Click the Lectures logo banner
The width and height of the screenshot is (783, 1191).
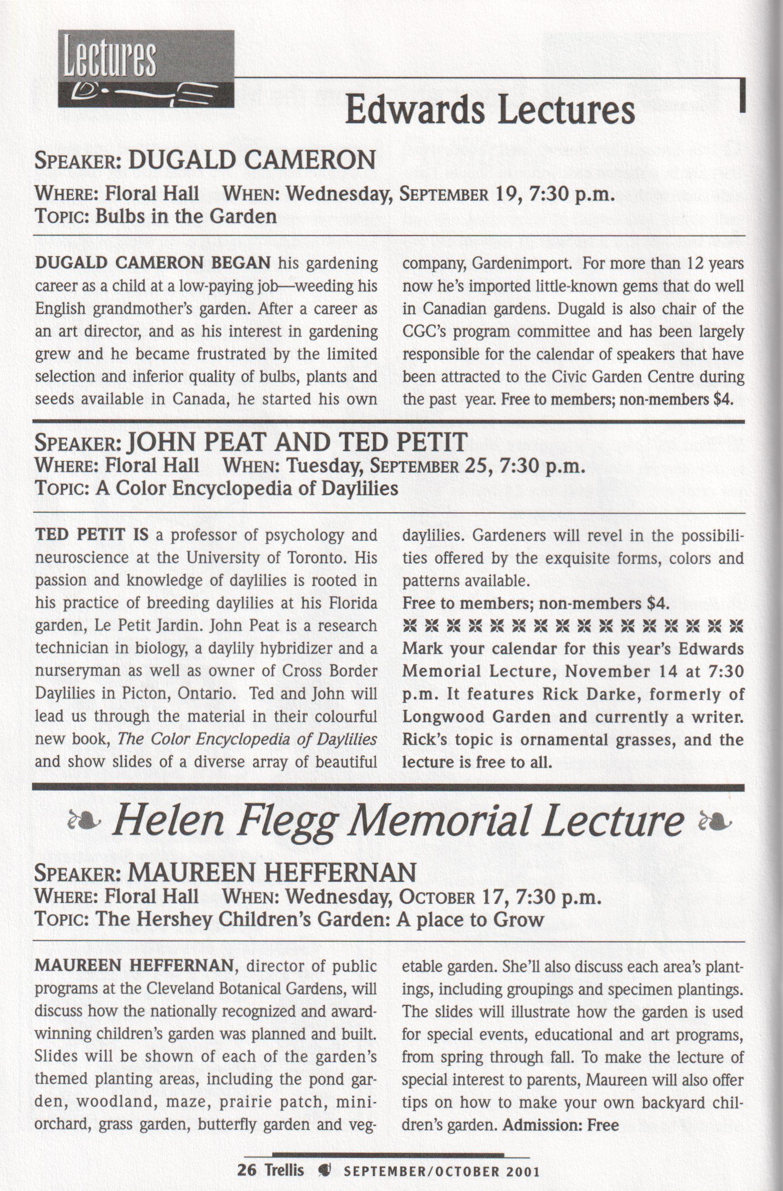pyautogui.click(x=146, y=68)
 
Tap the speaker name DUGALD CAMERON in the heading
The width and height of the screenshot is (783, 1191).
pyautogui.click(x=252, y=161)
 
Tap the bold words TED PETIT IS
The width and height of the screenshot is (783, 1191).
pyautogui.click(x=92, y=535)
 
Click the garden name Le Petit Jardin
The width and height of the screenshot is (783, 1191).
pyautogui.click(x=145, y=626)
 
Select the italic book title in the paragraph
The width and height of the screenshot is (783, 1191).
pyautogui.click(x=247, y=739)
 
